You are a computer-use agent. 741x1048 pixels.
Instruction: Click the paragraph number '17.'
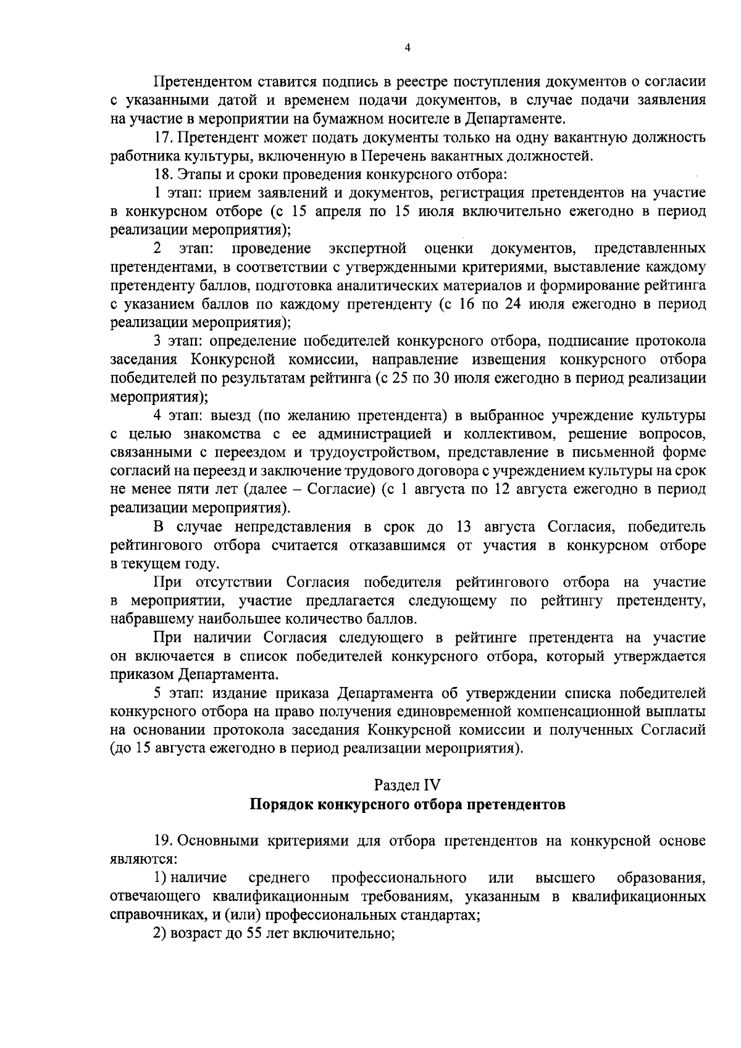pos(162,136)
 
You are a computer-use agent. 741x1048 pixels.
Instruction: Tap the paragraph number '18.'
pos(162,175)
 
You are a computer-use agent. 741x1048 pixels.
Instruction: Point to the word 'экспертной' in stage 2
pos(368,249)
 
